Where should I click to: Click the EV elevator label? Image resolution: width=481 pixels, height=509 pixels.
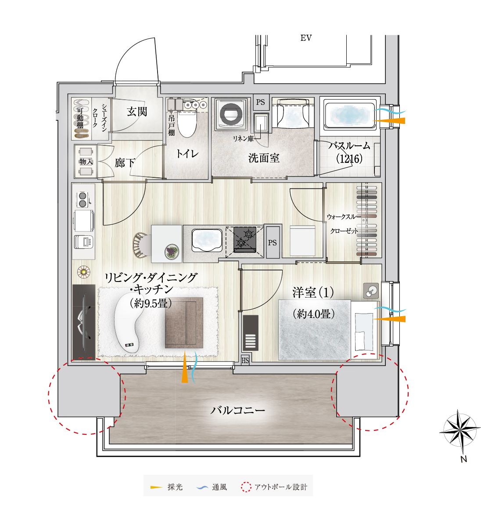click(306, 38)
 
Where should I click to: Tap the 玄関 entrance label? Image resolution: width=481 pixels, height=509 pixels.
click(137, 112)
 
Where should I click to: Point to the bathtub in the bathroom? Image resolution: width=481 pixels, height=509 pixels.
click(350, 116)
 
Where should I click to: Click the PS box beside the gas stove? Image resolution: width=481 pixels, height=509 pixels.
click(273, 242)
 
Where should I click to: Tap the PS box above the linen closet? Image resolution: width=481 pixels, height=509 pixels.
click(261, 102)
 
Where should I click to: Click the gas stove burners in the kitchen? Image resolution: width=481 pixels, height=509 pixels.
click(245, 239)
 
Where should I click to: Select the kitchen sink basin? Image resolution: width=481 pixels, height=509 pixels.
click(207, 240)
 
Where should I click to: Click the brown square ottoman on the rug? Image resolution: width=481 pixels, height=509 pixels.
click(184, 323)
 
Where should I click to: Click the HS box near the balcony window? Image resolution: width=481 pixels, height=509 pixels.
click(245, 360)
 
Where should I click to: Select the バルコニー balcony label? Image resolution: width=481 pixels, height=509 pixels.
click(238, 410)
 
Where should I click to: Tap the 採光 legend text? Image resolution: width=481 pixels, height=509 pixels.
click(175, 487)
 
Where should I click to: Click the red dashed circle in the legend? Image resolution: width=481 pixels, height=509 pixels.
click(246, 487)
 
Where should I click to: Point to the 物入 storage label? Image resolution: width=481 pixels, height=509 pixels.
click(86, 161)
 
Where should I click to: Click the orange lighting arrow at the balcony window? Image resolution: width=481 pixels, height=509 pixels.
click(185, 367)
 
